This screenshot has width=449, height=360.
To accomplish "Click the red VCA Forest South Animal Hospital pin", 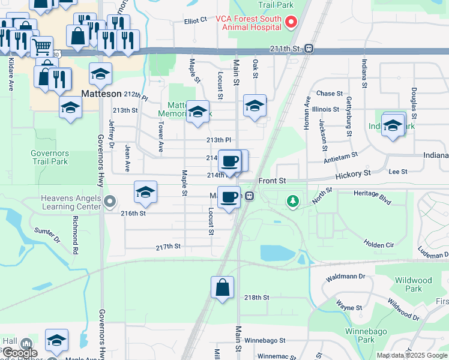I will (291, 23).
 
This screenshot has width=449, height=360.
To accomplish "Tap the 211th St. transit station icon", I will (309, 49).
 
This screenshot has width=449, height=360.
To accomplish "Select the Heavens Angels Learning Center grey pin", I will (109, 201).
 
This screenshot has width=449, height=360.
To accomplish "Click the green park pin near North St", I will (293, 201).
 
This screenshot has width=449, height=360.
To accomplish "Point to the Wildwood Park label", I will (414, 284).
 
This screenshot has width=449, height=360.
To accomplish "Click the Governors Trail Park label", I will (50, 157).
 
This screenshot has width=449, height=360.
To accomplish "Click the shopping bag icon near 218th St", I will (222, 287).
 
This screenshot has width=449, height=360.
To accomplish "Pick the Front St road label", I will (272, 181).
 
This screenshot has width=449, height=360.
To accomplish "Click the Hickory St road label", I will (354, 174).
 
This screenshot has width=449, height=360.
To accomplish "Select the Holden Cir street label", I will (378, 244).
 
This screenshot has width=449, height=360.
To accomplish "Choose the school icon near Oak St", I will (255, 106).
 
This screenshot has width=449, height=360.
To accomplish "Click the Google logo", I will (20, 353).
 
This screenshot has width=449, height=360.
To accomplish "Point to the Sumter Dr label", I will (47, 235).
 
